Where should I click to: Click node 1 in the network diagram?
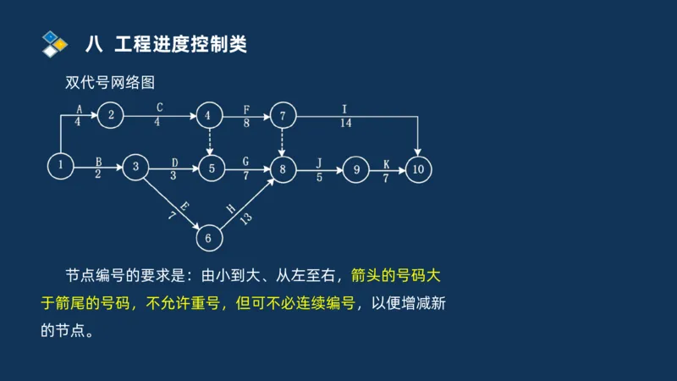pyautogui.click(x=61, y=166)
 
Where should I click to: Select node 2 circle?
pyautogui.click(x=111, y=116)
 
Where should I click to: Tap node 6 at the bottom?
pyautogui.click(x=208, y=238)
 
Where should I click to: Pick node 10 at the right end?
pyautogui.click(x=418, y=169)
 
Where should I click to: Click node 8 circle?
pyautogui.click(x=283, y=169)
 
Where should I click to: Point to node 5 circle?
pyautogui.click(x=211, y=169)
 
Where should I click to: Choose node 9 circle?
pyautogui.click(x=356, y=169)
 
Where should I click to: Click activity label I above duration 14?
pyautogui.click(x=344, y=108)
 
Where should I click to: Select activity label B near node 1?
pyautogui.click(x=99, y=160)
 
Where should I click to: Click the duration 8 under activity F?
pyautogui.click(x=246, y=123)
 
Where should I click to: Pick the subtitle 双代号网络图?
pyautogui.click(x=110, y=83)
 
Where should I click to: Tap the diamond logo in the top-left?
pyautogui.click(x=54, y=44)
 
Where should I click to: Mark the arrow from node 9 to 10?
pyautogui.click(x=388, y=169)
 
